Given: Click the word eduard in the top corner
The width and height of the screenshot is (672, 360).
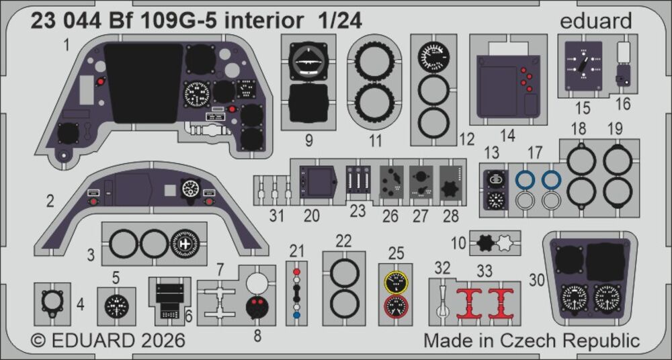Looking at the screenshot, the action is tap(596, 20).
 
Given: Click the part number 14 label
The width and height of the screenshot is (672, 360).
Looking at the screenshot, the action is tap(507, 136).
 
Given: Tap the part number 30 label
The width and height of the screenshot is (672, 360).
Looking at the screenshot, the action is tap(537, 280).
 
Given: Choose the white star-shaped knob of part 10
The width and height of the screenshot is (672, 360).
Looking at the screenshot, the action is tap(505, 243).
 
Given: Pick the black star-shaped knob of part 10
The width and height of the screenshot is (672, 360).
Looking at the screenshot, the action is tap(487, 243).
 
